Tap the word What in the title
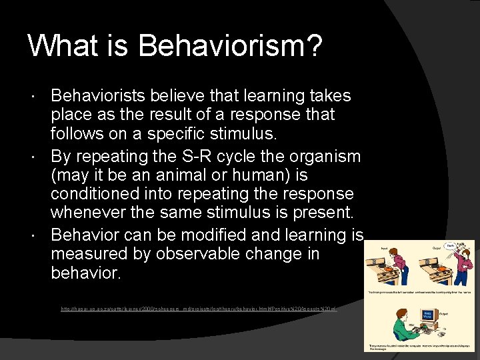click(x=63, y=46)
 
